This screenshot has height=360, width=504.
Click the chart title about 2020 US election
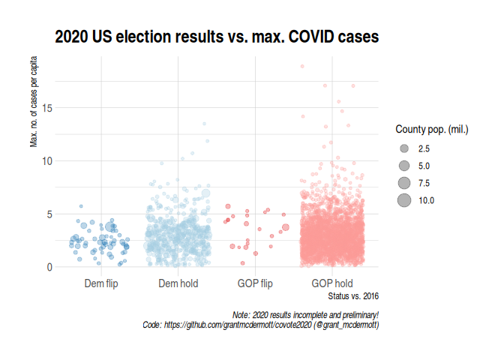[216, 36]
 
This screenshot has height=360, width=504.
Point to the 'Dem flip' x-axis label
[100, 283]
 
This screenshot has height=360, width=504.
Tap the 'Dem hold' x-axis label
[178, 283]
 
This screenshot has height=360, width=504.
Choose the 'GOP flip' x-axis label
[256, 283]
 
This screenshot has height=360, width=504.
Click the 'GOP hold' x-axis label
[332, 283]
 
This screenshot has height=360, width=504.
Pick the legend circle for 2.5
[404, 148]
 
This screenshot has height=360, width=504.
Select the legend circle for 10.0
[404, 200]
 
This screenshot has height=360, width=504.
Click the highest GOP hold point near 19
[302, 67]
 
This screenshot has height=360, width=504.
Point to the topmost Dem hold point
[203, 124]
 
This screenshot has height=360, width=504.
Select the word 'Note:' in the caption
[244, 315]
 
